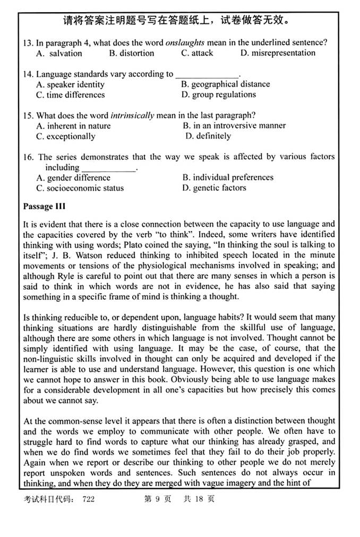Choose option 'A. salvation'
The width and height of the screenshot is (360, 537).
(x=59, y=53)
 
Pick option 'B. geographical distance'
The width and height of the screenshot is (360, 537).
(x=225, y=84)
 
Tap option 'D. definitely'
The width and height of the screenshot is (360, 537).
(x=208, y=137)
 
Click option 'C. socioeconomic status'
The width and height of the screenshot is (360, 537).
(x=80, y=188)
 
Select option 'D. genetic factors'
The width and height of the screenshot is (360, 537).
(x=214, y=188)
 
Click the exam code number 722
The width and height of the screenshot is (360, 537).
(x=88, y=500)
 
